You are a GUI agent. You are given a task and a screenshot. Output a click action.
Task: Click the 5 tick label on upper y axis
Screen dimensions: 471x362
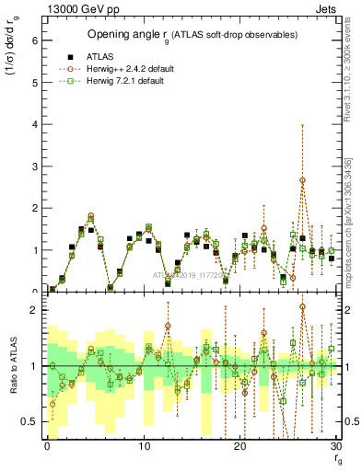(33, 82)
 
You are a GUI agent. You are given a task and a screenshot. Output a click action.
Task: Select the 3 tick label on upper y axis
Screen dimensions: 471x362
(33, 166)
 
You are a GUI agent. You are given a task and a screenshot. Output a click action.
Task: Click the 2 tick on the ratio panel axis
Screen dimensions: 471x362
(33, 310)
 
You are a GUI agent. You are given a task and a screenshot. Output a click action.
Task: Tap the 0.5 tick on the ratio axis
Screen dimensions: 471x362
(29, 421)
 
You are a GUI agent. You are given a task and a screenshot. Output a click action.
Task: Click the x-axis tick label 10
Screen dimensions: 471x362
(143, 446)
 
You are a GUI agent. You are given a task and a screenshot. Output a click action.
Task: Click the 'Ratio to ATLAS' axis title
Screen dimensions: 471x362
(11, 368)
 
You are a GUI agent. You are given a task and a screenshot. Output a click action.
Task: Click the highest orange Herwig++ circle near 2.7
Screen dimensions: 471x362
(302, 180)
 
